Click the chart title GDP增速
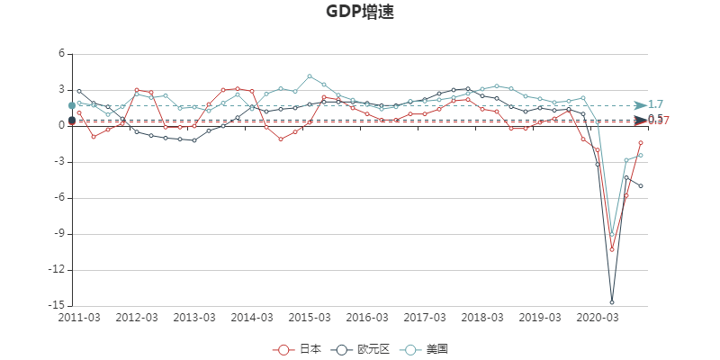coord(359,13)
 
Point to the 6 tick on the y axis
coord(62,54)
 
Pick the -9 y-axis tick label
coord(61,234)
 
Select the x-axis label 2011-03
coord(79,318)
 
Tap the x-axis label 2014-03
coord(252,318)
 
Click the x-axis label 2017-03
coord(425,318)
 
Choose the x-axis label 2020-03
coord(598,318)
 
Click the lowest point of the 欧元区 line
coord(612,301)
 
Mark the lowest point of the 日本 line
coord(612,249)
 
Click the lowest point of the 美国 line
coord(612,235)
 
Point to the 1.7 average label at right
coord(655,104)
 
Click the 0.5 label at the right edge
coord(655,119)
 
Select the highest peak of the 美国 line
coord(310,76)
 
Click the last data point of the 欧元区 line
coord(641,185)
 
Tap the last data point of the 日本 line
coord(641,142)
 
